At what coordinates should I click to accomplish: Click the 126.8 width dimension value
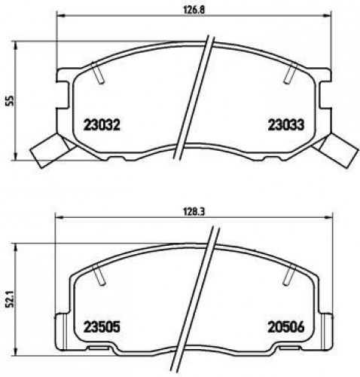194,10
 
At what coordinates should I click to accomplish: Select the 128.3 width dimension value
194,212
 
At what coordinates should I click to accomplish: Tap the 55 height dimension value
11,101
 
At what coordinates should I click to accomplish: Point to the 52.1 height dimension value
11,302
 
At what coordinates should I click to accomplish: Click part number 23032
102,124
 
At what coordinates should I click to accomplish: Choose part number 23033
286,124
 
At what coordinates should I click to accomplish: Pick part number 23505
102,327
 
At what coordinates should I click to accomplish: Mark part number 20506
286,327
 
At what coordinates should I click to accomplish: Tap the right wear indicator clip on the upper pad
335,150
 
